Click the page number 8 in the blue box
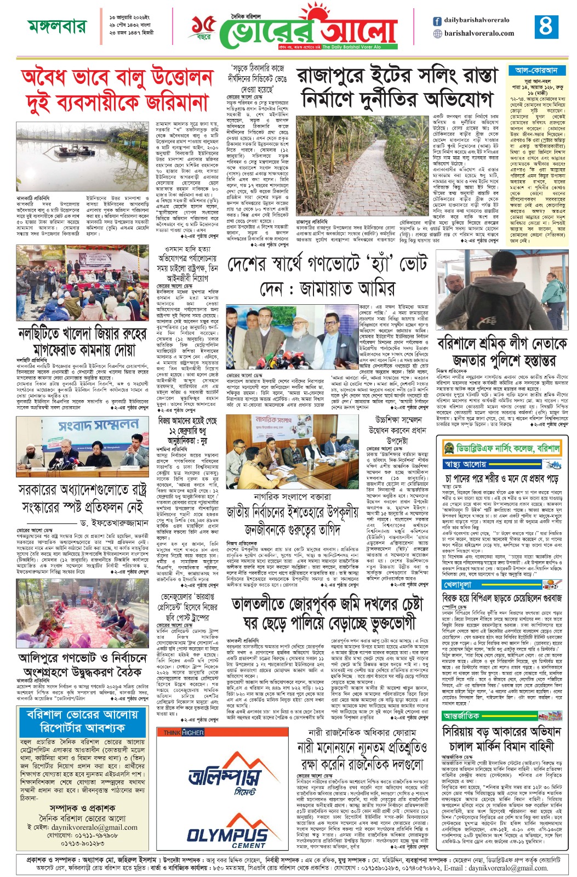tap(546, 26)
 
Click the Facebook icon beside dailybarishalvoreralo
tap(437, 21)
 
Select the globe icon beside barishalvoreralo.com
tap(437, 33)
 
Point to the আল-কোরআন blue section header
tap(536, 70)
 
